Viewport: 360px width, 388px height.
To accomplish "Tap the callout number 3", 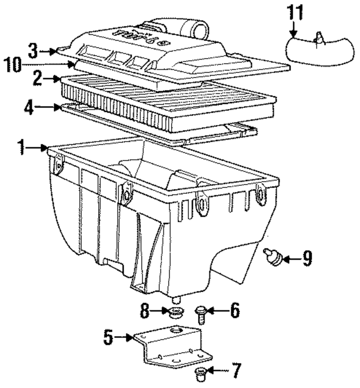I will coord(33,51).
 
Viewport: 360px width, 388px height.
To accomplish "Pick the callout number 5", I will coord(108,337).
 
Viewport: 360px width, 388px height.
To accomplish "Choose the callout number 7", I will coord(236,370).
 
